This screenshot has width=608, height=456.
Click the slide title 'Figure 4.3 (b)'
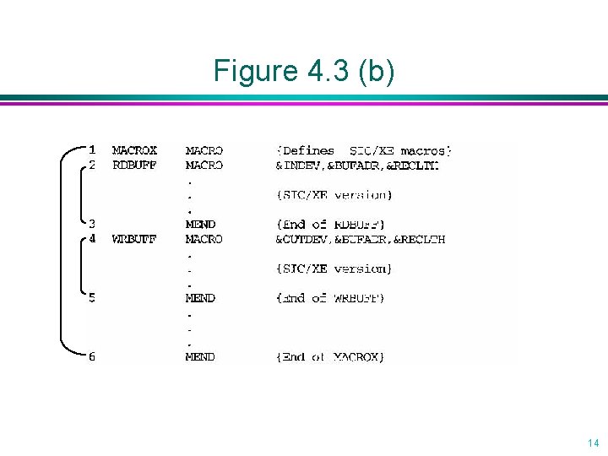[303, 71]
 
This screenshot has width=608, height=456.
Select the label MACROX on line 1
[134, 151]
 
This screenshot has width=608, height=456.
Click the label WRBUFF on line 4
[134, 239]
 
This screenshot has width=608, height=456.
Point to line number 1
[93, 151]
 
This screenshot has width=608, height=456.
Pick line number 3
[93, 225]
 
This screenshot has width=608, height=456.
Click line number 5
[93, 298]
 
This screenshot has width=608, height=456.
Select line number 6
[93, 357]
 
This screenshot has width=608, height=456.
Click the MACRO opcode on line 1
[204, 151]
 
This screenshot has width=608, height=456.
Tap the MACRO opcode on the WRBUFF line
[204, 239]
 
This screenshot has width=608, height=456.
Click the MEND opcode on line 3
[200, 225]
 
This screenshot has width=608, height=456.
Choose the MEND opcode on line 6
[200, 357]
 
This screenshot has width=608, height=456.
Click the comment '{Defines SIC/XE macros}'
[364, 151]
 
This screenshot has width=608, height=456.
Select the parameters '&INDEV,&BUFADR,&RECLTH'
[358, 166]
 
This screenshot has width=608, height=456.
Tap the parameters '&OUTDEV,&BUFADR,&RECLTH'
[361, 239]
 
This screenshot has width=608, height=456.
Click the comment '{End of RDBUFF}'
[331, 225]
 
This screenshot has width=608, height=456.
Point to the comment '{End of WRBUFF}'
[331, 298]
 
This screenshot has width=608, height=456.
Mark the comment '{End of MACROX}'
[331, 357]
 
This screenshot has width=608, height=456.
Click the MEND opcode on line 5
[200, 298]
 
